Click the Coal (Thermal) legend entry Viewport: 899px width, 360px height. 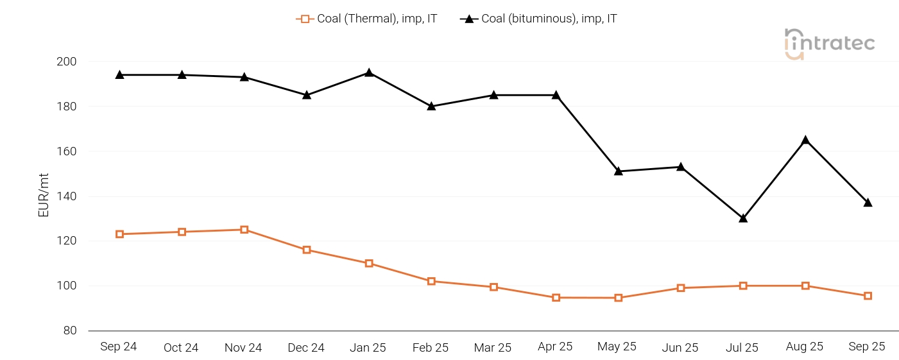pyautogui.click(x=366, y=19)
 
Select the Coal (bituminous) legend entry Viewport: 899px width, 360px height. pyautogui.click(x=539, y=19)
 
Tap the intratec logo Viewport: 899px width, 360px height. pyautogui.click(x=829, y=44)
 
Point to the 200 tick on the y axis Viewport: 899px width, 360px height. pyautogui.click(x=67, y=62)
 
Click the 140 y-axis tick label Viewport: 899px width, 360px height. pyautogui.click(x=67, y=196)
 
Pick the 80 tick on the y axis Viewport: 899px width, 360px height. pyautogui.click(x=70, y=330)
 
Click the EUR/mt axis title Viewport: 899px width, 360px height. pyautogui.click(x=44, y=196)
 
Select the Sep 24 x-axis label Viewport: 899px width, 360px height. pyautogui.click(x=119, y=347)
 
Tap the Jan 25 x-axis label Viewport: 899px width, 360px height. pyautogui.click(x=368, y=348)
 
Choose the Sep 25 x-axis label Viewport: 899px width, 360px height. pyautogui.click(x=867, y=347)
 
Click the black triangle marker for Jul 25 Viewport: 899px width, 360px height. pyautogui.click(x=743, y=218)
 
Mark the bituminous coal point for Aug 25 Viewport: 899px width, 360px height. pyautogui.click(x=805, y=140)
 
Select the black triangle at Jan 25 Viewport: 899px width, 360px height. pyautogui.click(x=369, y=73)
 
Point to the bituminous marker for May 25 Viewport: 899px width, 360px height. pyautogui.click(x=619, y=171)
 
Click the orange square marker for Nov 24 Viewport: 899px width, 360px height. pyautogui.click(x=244, y=230)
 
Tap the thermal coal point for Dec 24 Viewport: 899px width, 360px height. pyautogui.click(x=307, y=250)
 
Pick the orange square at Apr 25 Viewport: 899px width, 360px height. pyautogui.click(x=556, y=298)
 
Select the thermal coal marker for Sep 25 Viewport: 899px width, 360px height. pyautogui.click(x=868, y=296)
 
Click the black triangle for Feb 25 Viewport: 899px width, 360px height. pyautogui.click(x=431, y=106)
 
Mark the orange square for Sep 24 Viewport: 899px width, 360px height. pyautogui.click(x=119, y=234)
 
